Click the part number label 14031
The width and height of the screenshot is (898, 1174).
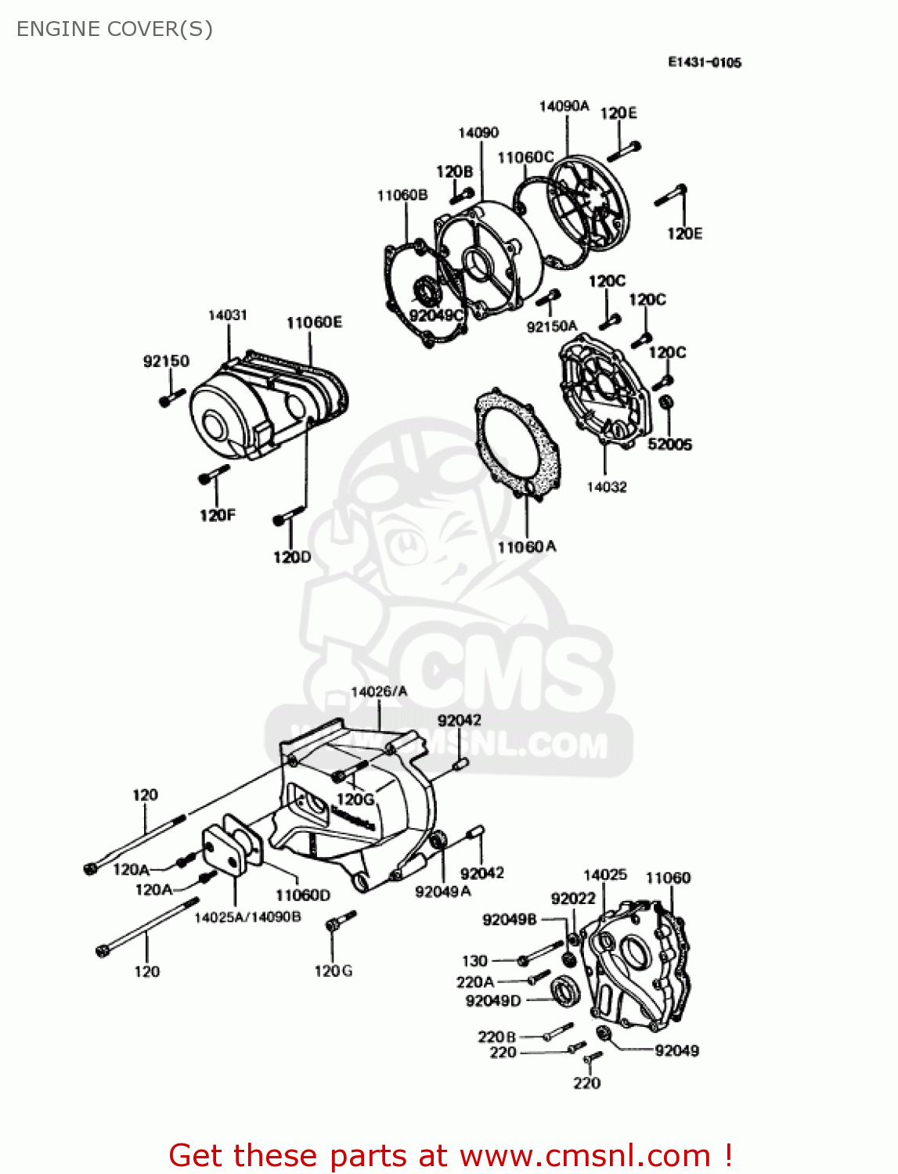[x=227, y=315]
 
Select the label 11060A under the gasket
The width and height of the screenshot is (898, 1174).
[x=526, y=547]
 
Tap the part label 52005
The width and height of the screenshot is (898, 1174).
[x=669, y=444]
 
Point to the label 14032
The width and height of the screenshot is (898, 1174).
[x=607, y=487]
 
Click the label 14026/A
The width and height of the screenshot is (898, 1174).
[x=379, y=692]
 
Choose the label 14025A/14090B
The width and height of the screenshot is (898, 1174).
[x=247, y=917]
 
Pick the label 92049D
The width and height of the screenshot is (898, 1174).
[x=492, y=1001]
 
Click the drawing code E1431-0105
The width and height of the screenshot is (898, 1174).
[x=704, y=63]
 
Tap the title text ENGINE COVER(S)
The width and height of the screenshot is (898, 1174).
[x=114, y=29]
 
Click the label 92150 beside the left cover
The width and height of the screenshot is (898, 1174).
[x=166, y=361]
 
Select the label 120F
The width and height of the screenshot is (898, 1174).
[x=217, y=515]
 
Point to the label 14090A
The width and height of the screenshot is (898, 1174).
[x=564, y=106]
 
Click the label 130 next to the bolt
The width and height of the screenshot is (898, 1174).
[x=474, y=960]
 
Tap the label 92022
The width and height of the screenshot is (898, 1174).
[x=573, y=899]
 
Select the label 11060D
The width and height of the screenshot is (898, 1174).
[x=302, y=895]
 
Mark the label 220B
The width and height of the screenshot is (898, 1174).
[x=496, y=1037]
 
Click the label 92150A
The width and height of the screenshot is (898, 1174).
[x=551, y=326]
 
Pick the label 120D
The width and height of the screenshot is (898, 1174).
[x=291, y=557]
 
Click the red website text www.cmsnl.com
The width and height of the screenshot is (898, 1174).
[x=585, y=1156]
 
